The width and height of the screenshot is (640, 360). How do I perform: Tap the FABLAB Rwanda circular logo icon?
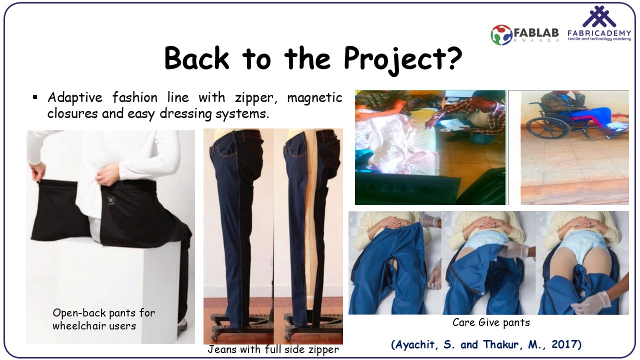(x=501, y=35)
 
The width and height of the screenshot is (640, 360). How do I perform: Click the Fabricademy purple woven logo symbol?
(x=599, y=16)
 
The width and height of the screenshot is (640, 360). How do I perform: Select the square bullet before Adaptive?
(x=35, y=97)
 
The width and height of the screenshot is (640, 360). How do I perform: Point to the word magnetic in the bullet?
(x=314, y=98)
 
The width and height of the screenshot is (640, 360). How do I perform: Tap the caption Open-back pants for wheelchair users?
(x=103, y=319)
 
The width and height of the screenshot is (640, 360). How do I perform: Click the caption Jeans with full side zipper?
(x=273, y=349)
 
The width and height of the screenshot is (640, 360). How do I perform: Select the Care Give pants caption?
(x=491, y=322)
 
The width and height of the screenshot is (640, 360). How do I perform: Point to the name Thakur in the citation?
(x=501, y=344)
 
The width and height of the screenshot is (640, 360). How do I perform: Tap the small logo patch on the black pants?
(x=111, y=200)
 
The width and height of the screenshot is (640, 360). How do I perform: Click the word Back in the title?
(x=197, y=58)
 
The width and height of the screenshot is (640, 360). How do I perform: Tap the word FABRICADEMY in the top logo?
(x=599, y=33)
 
